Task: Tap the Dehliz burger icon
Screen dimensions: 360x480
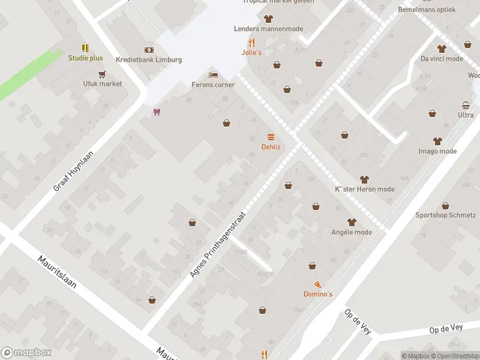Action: pos(271,137)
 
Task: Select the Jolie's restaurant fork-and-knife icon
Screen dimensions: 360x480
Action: pos(252,43)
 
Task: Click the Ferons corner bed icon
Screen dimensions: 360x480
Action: pos(212,75)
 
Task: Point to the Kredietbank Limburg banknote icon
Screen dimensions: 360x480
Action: pos(148,50)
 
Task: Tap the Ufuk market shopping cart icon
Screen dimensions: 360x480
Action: pos(102,74)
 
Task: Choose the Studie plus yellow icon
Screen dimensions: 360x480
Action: pos(85,48)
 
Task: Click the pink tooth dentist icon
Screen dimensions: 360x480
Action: pos(157,112)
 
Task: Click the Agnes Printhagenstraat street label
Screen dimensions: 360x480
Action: pos(218,243)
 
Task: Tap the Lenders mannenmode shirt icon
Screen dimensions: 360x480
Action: pos(268,19)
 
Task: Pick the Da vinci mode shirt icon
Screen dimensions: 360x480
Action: pos(442,49)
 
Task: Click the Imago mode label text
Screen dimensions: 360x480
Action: pos(437,151)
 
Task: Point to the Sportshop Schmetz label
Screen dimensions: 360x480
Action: pos(446,215)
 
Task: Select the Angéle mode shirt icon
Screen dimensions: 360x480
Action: pos(352,222)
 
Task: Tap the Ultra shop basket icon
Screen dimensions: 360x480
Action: pos(466,105)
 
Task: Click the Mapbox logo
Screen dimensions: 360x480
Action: pos(25,353)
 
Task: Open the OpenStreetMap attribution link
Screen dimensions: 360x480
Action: pos(455,355)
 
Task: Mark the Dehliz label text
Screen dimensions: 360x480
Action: pos(271,146)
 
